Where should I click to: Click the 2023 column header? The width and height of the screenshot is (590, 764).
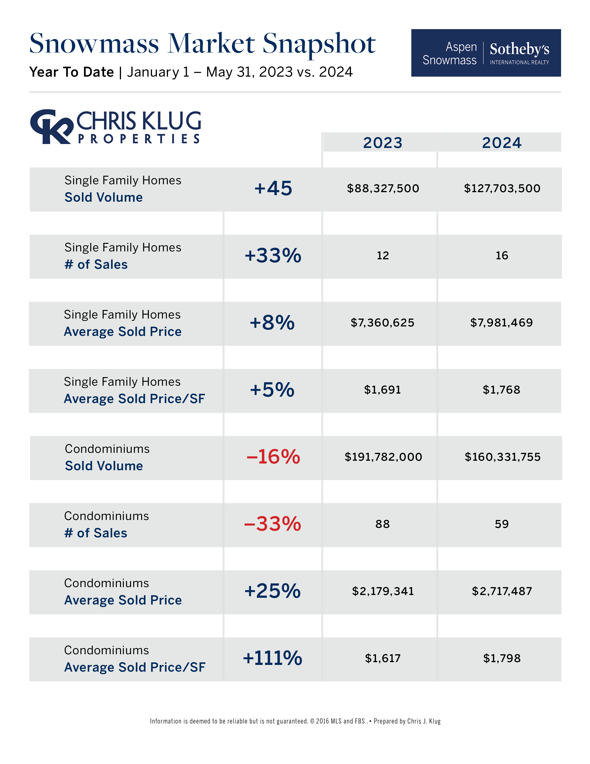pyautogui.click(x=382, y=143)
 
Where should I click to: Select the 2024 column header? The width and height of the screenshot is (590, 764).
pyautogui.click(x=502, y=143)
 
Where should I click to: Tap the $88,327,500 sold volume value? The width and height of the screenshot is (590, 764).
pyautogui.click(x=383, y=188)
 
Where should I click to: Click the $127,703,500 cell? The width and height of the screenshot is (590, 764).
pyautogui.click(x=502, y=188)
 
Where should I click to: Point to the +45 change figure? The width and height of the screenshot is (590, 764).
pyautogui.click(x=273, y=188)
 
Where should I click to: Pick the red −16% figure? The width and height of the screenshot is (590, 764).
pyautogui.click(x=273, y=457)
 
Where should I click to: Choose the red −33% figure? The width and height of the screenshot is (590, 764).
pyautogui.click(x=272, y=524)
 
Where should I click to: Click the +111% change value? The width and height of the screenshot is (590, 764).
pyautogui.click(x=272, y=658)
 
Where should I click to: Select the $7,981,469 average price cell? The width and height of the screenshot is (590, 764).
pyautogui.click(x=501, y=323)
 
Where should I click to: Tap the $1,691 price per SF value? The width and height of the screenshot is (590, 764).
pyautogui.click(x=382, y=390)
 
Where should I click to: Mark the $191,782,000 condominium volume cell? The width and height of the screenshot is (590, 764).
pyautogui.click(x=383, y=457)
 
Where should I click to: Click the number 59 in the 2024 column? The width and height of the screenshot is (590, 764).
pyautogui.click(x=502, y=524)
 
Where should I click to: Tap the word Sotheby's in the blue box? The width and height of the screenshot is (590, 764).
pyautogui.click(x=519, y=49)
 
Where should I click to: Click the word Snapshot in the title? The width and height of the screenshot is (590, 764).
pyautogui.click(x=319, y=44)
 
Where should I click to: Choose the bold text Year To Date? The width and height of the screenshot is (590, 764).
pyautogui.click(x=72, y=72)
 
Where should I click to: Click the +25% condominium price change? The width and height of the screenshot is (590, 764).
pyautogui.click(x=272, y=591)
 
